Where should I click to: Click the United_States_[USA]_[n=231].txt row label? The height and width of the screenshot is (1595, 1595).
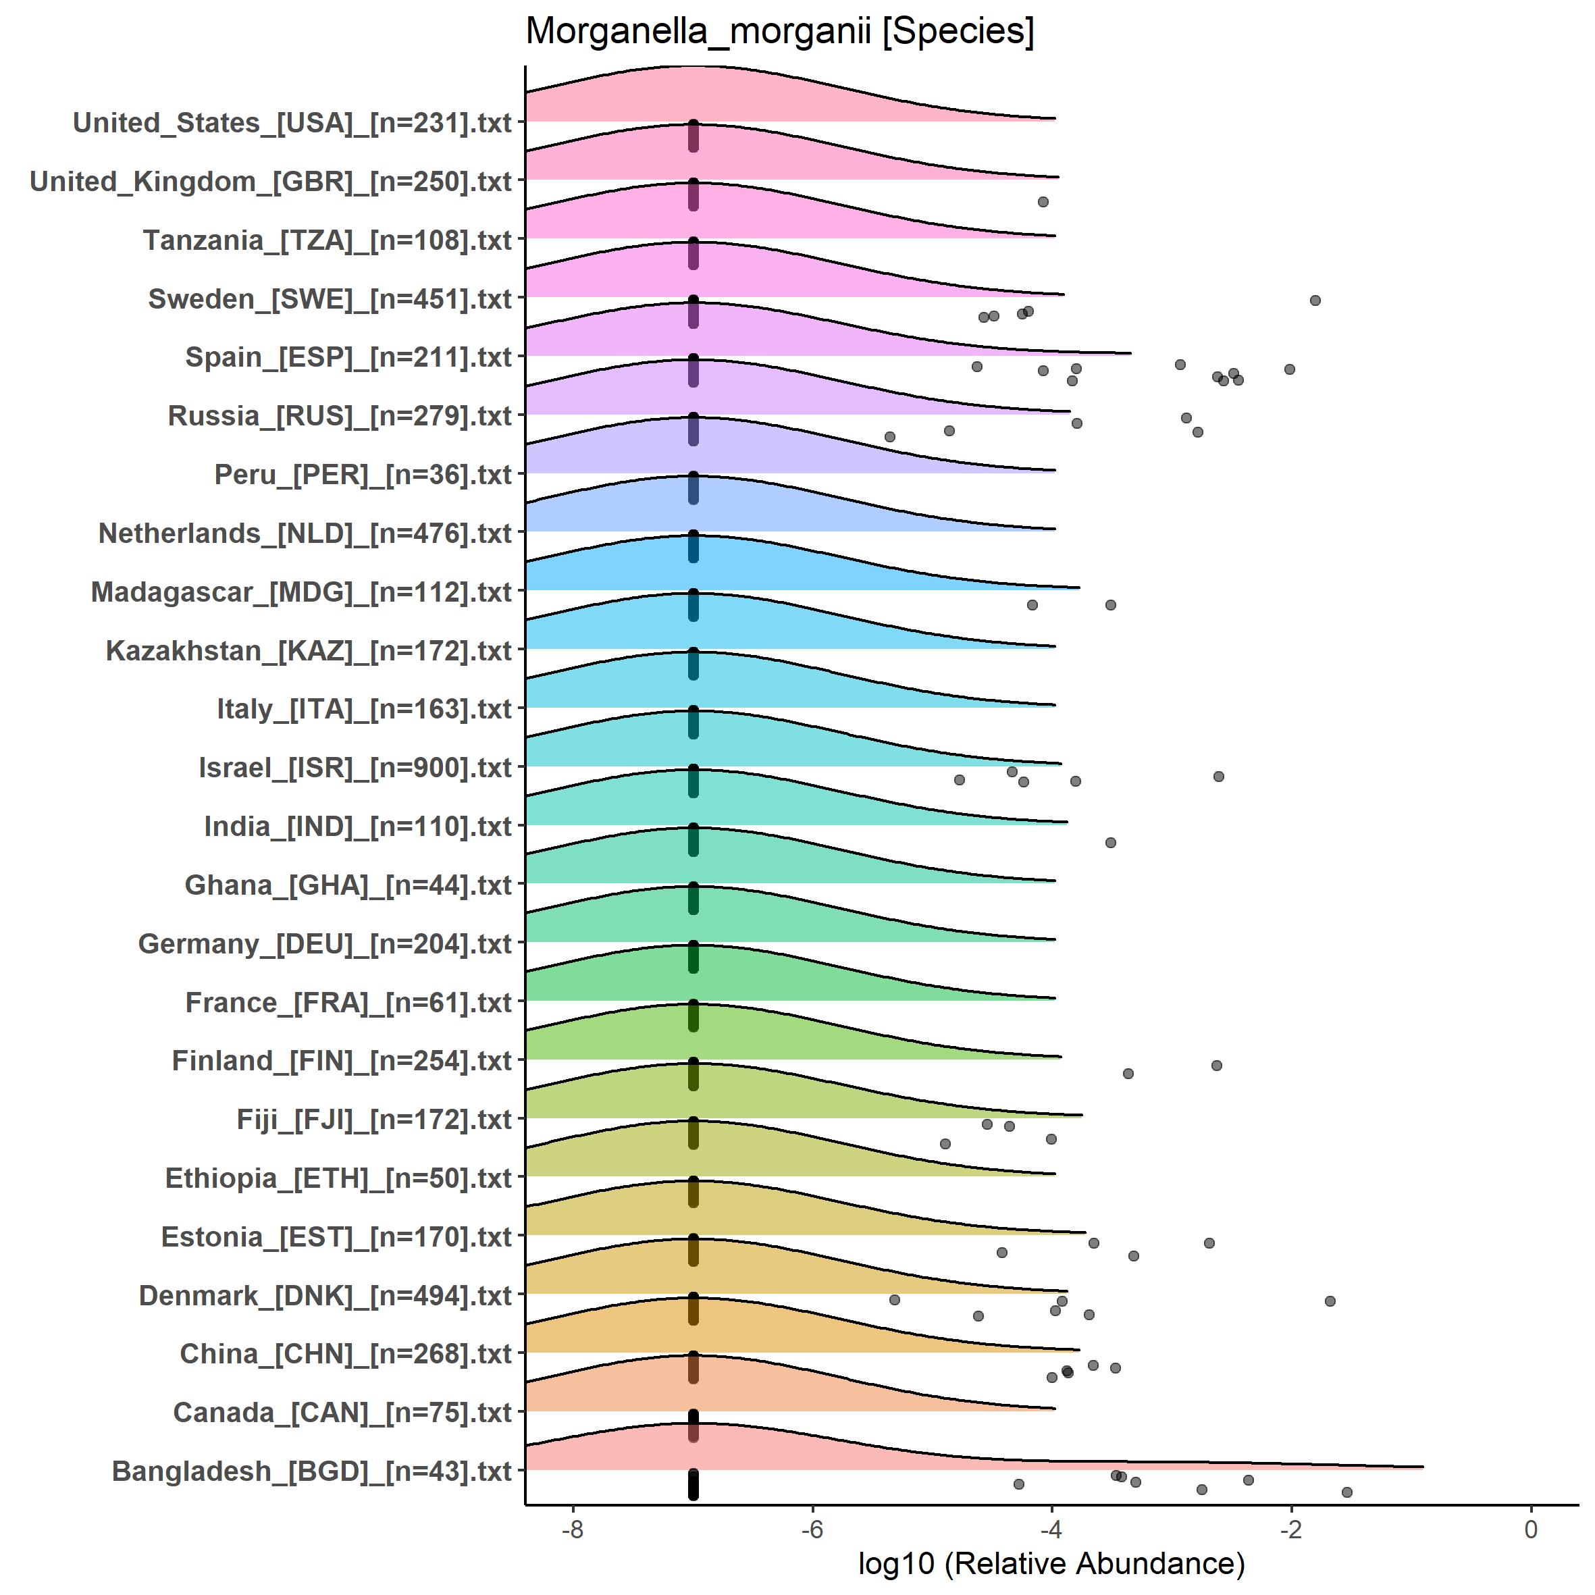point(292,123)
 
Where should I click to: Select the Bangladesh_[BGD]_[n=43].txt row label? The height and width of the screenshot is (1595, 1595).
point(311,1471)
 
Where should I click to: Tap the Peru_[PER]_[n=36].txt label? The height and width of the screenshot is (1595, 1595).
point(363,475)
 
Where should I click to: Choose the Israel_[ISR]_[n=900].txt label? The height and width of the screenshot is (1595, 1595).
point(355,768)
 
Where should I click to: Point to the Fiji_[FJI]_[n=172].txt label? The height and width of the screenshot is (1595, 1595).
point(374,1120)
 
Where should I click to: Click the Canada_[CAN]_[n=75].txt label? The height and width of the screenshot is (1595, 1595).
point(342,1413)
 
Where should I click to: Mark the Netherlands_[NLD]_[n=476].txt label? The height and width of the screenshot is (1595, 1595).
point(305,533)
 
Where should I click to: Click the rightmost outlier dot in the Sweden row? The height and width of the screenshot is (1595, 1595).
point(1315,300)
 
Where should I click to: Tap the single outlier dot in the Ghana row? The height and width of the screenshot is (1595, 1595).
point(1110,842)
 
